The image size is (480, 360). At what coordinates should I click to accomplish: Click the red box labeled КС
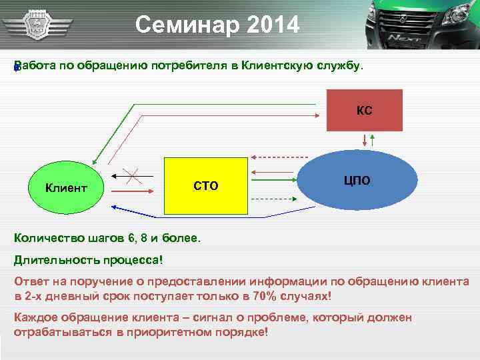point(364,110)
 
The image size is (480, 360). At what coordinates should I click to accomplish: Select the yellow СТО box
point(205,185)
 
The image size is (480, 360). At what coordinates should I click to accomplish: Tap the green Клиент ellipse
point(66,187)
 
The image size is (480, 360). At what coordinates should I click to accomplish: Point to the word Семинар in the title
point(179,25)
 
